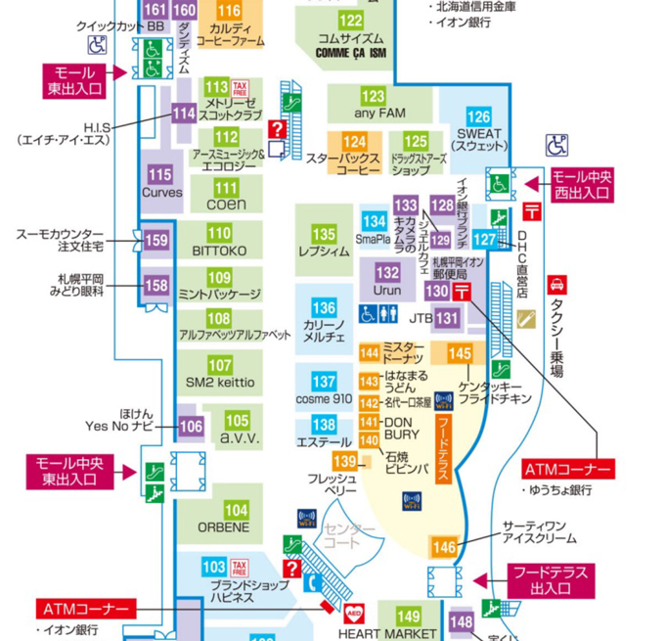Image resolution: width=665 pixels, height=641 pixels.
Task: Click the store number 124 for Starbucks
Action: pos(354,143)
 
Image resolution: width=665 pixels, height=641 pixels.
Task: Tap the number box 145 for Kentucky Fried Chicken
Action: pos(460,353)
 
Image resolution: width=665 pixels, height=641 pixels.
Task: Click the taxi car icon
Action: pos(556,285)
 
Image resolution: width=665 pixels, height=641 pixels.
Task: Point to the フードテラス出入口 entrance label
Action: pos(552,580)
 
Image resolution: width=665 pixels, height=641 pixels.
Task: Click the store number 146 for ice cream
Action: pos(444,548)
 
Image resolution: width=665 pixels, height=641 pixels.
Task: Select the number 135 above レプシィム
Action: pos(325,235)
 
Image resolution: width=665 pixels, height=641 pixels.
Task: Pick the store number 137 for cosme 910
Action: pos(324,382)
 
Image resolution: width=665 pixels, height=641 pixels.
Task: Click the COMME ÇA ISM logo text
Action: pos(350,53)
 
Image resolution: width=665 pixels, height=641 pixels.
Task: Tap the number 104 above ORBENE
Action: pos(236,510)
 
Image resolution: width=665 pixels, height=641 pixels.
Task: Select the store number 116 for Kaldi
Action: pos(229,12)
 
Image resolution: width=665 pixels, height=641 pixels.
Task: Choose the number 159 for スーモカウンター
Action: pos(155,240)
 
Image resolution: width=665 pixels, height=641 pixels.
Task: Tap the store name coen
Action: pos(226,206)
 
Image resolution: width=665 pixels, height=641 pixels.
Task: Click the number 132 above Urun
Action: pos(387,273)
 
